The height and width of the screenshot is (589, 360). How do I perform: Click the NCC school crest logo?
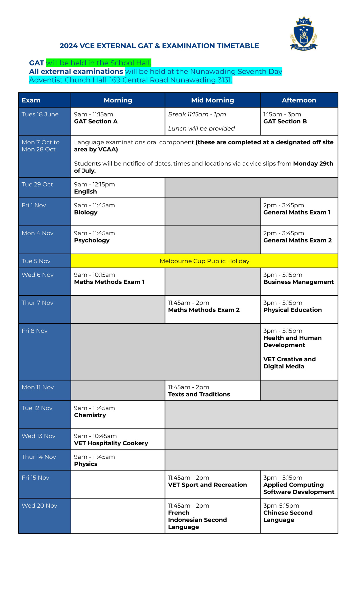tap(304, 34)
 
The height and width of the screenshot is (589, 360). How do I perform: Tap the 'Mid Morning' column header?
tap(212, 100)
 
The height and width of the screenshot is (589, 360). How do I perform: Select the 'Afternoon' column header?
tap(299, 100)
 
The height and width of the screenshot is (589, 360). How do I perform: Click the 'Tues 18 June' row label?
tap(40, 114)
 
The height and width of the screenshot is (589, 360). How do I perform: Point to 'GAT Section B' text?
tap(285, 121)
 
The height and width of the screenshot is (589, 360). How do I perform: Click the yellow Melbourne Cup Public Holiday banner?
tap(204, 261)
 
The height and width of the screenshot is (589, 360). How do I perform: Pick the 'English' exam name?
tap(85, 192)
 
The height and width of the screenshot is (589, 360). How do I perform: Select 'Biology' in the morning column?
tap(86, 212)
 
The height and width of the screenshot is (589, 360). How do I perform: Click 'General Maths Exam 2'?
tap(297, 240)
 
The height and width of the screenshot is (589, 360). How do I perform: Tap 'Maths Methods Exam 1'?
tap(109, 282)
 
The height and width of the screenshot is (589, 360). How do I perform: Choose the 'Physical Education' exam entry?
tap(292, 310)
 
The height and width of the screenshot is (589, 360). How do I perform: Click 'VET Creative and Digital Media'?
tap(289, 363)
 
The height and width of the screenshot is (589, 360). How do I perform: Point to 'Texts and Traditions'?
tap(199, 394)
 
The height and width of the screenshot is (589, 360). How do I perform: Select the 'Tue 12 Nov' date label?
tap(37, 408)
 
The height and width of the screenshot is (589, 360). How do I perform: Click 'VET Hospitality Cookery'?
tap(111, 443)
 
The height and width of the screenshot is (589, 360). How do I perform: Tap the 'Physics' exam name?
tap(86, 464)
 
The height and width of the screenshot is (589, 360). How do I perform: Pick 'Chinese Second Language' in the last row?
tap(288, 516)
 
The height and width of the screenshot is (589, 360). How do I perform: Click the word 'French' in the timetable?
tap(179, 513)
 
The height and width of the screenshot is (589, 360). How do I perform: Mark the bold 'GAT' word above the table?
tap(37, 63)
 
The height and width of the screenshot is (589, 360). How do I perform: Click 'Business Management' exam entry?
tap(298, 282)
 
